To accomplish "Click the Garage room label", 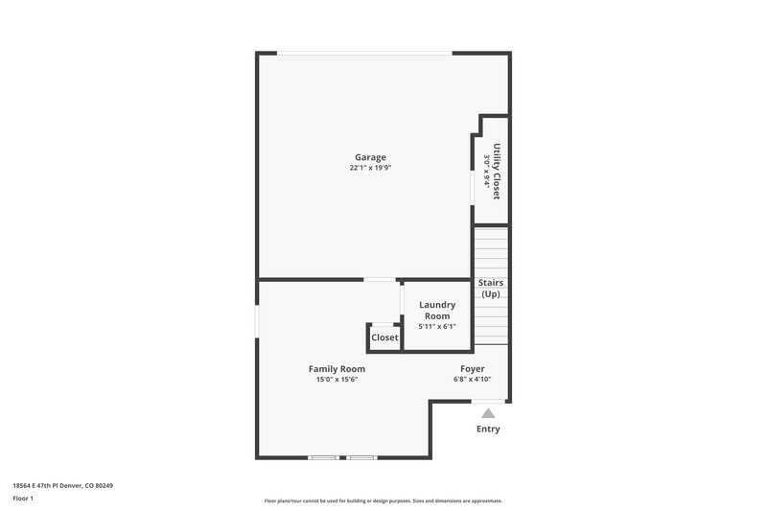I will (x=370, y=157).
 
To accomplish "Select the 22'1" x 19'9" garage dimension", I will (x=370, y=168).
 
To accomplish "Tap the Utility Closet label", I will (x=497, y=172).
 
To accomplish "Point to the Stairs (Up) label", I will (x=491, y=289).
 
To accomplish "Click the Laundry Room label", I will (x=437, y=311).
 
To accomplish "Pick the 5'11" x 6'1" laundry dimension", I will (x=437, y=327).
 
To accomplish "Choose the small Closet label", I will (x=384, y=337).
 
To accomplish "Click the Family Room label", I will (x=337, y=369).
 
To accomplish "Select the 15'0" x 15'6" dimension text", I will (x=337, y=380).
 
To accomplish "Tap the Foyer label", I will (x=472, y=369).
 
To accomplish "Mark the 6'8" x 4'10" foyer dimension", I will (x=472, y=380).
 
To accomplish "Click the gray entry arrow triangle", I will (x=488, y=413).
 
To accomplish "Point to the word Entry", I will (x=488, y=429).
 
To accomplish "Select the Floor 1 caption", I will (x=23, y=499).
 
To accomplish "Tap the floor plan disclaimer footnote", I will (x=383, y=500).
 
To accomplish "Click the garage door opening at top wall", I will (x=364, y=54).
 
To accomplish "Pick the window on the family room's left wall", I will (x=257, y=321).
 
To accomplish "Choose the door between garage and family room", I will (x=381, y=280).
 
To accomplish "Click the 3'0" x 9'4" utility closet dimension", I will (x=486, y=169).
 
